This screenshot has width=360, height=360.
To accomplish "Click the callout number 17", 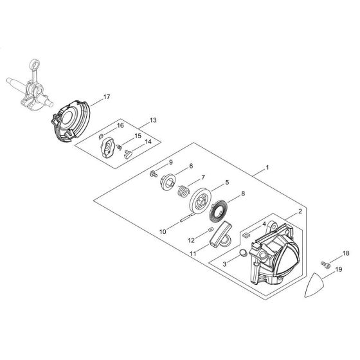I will tap(106, 97).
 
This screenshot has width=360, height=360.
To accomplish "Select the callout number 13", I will tap(152, 120).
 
